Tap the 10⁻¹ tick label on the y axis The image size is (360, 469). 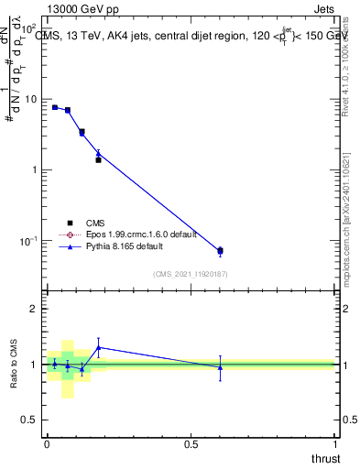(28, 241)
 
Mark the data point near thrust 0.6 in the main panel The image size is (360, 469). (220, 250)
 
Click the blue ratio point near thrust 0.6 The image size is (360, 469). (220, 367)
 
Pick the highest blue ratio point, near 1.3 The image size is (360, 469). (98, 347)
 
